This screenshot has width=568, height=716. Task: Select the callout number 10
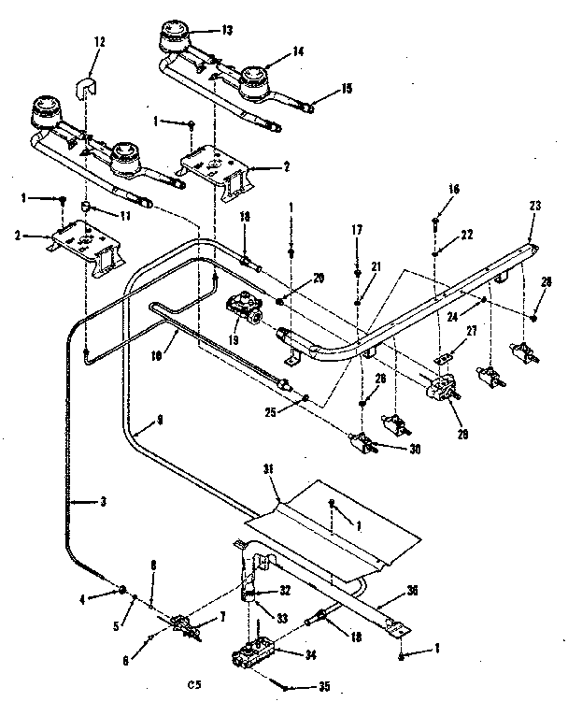pyautogui.click(x=158, y=355)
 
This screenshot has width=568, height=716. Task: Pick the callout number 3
pyautogui.click(x=102, y=502)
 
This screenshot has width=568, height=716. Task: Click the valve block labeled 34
pyautogui.click(x=253, y=652)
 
